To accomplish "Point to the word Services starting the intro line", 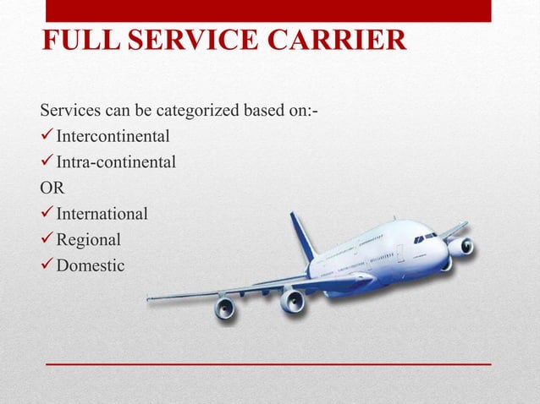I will [x=67, y=111].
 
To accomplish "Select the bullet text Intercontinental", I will [x=113, y=136].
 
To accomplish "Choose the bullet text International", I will [x=102, y=213].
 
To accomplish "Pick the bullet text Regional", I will [x=88, y=239].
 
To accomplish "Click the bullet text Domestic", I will [x=90, y=265].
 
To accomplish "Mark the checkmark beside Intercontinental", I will [x=47, y=136].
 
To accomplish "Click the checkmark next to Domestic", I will [x=47, y=265].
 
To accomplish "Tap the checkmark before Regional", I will [x=47, y=239].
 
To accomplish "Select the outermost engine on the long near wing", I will [x=225, y=308].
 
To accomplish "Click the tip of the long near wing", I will [x=149, y=298].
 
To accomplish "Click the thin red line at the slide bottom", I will [x=268, y=363].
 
